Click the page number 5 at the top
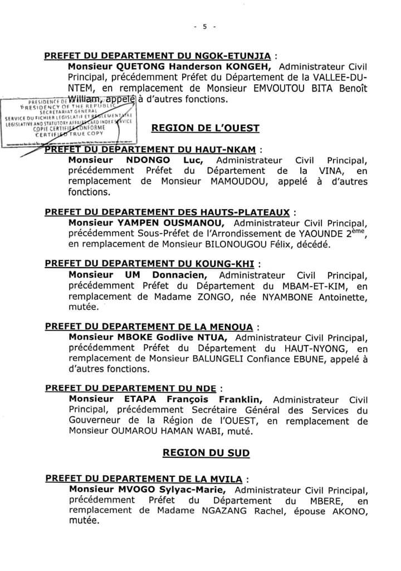coord(204,26)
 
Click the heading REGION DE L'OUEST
coord(206,128)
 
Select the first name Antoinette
coord(345,297)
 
